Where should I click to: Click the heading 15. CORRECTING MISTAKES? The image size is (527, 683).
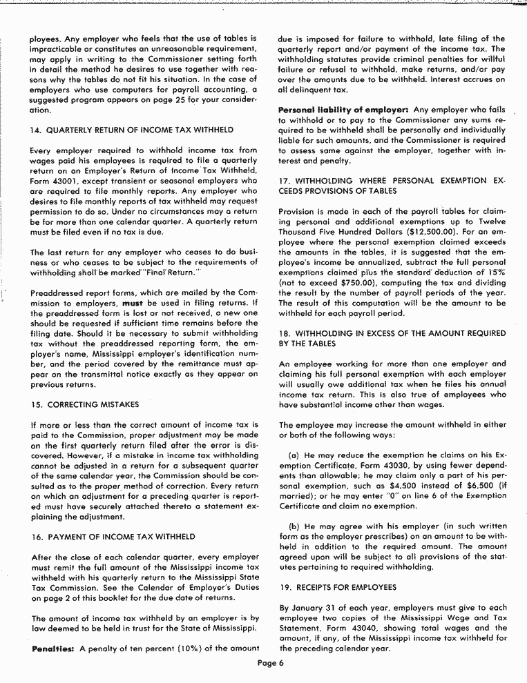coord(85,404)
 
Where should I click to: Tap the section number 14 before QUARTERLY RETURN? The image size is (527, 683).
coord(36,130)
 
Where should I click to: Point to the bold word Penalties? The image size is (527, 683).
coord(52,649)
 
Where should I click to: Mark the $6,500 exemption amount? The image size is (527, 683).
coord(450,485)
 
